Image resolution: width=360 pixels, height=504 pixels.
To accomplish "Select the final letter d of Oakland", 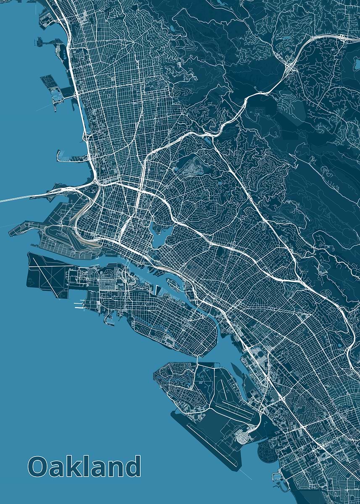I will [x=132, y=466].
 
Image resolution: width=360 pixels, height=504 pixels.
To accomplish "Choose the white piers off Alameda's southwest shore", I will [x=78, y=304].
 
